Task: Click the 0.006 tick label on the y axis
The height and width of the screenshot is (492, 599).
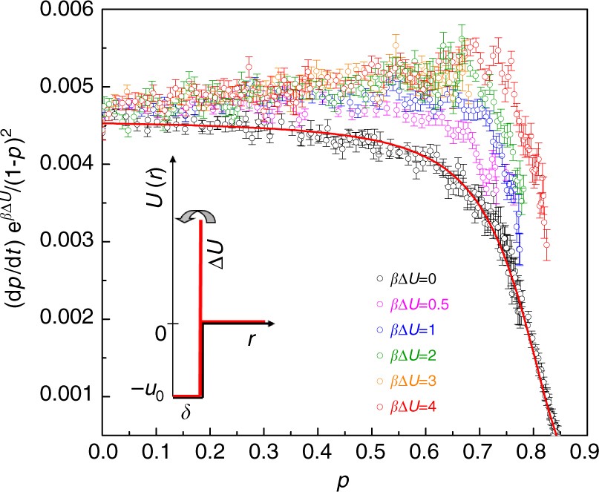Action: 66,10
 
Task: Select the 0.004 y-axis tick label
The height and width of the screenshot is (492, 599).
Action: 66,164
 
